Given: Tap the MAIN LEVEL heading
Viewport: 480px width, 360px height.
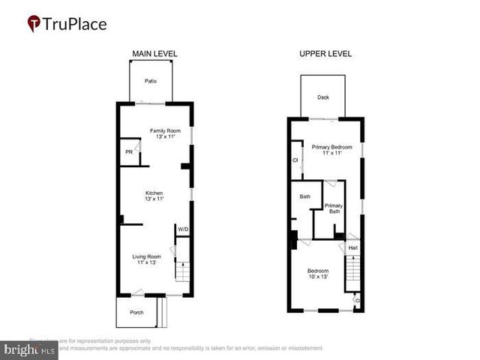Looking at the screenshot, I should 154,54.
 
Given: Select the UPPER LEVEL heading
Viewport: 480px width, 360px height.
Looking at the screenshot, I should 326,54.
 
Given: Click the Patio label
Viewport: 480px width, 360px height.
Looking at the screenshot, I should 150,82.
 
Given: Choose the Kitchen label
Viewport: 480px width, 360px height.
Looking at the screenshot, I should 154,193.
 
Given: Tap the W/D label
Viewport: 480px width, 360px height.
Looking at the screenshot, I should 182,229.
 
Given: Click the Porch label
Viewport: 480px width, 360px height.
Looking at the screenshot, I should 136,312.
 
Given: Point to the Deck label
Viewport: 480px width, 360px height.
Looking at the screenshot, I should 323,97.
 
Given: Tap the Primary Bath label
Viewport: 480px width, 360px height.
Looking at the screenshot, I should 334,208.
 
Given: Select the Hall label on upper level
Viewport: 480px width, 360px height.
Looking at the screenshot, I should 353,247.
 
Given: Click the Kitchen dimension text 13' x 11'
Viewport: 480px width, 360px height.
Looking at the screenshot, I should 154,199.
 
